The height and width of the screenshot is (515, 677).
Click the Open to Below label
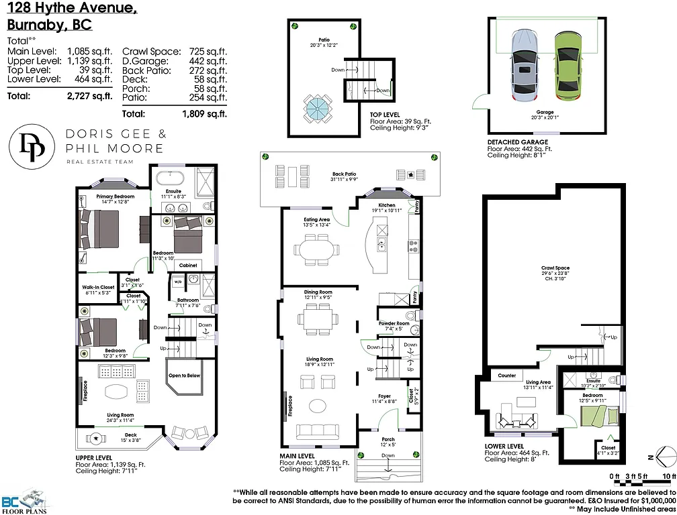(x=184, y=376)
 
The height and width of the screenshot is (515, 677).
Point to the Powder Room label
(x=394, y=324)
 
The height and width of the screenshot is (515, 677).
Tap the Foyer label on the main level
(x=384, y=396)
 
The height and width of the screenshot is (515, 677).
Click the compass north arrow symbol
(x=661, y=457)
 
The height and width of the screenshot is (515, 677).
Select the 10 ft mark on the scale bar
(x=667, y=475)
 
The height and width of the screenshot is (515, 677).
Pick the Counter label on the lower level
(x=507, y=376)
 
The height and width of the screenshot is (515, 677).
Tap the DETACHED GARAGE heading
(x=517, y=142)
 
